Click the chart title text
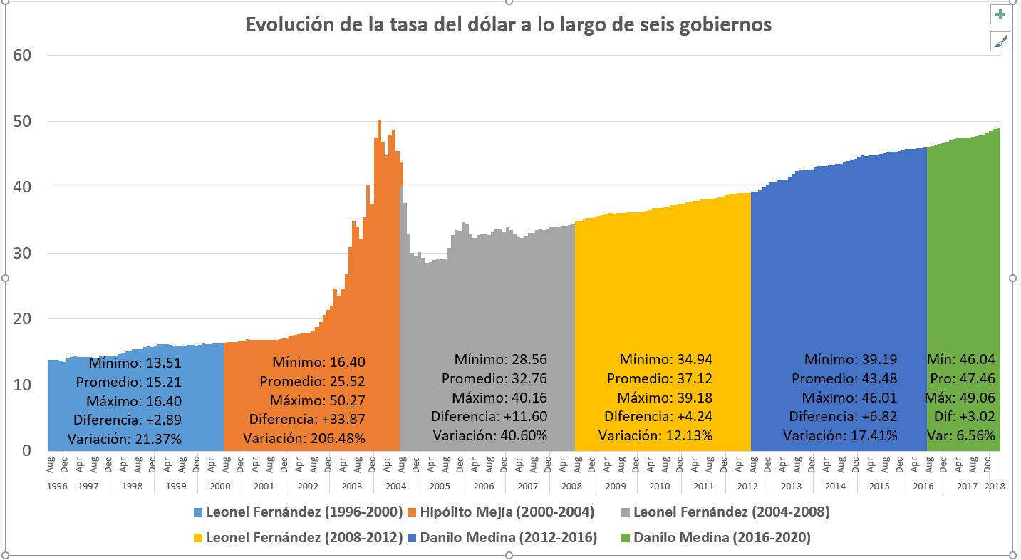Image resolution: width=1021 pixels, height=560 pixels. pos(508,25)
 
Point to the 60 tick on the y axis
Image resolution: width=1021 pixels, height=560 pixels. pos(21,56)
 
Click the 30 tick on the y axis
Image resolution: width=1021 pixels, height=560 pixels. pos(21,253)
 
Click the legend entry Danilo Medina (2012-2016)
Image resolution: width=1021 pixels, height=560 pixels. pos(502,538)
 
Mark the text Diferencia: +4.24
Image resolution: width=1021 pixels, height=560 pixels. pos(658,417)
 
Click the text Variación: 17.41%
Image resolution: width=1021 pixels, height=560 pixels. pos(840,435)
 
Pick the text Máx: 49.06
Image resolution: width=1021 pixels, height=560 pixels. pos(961,398)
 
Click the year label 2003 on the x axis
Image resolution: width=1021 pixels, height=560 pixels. pos(351,487)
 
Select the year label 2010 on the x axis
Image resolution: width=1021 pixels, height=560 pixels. pos(659,487)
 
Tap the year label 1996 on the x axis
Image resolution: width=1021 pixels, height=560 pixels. pos(56,487)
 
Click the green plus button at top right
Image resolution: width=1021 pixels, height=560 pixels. pos(1000,15)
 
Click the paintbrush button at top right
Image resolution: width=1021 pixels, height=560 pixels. pos(1000,41)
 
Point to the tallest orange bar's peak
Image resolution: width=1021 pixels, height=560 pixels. pos(379,120)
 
